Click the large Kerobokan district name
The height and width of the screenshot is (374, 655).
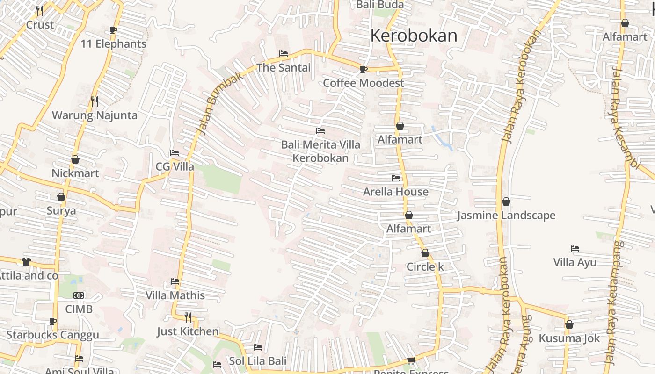tap(414, 36)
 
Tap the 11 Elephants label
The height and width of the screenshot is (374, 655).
tap(113, 44)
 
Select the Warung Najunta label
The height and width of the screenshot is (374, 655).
tap(95, 115)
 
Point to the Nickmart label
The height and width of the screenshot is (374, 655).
tap(75, 173)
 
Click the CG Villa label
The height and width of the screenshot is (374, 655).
tap(175, 167)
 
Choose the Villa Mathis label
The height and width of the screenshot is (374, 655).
tap(175, 295)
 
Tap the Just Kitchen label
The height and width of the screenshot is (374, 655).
tap(188, 331)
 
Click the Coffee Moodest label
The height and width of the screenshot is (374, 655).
tap(364, 83)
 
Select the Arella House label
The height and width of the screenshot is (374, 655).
tap(396, 192)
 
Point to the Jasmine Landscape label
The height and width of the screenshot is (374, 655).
tap(506, 216)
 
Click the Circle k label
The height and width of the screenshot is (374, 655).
tap(425, 267)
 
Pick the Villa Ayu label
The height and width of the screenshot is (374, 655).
tap(575, 262)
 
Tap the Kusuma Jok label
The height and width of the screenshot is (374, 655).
tap(569, 338)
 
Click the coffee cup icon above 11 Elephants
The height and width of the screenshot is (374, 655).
tap(113, 30)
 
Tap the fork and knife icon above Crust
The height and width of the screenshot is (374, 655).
tap(40, 10)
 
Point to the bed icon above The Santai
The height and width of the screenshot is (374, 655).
tap(284, 54)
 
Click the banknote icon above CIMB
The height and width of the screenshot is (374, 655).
tap(79, 295)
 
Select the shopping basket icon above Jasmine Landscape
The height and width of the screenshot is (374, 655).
tap(506, 201)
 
